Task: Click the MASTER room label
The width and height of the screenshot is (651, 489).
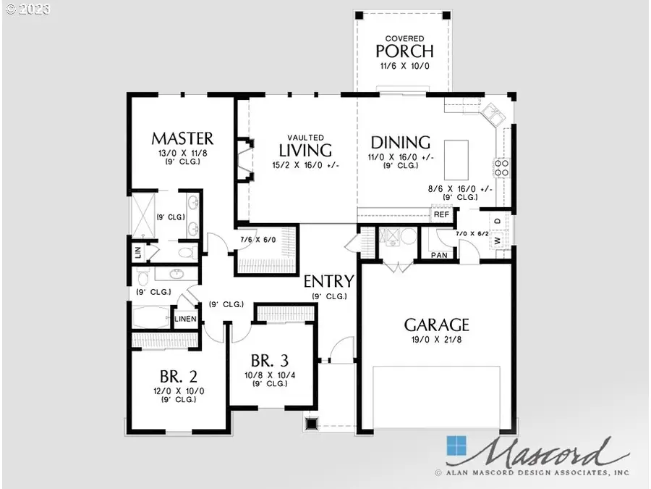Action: click(182, 138)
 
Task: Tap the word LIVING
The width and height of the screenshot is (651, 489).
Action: click(305, 151)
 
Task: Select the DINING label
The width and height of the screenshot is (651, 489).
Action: click(400, 143)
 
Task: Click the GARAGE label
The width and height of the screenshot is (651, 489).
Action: click(436, 325)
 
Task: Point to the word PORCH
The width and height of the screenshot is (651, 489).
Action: click(404, 51)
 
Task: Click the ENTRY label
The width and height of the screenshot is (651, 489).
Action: click(328, 282)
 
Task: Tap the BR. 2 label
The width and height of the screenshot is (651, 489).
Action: click(178, 377)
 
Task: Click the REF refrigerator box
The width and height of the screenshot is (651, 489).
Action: click(441, 214)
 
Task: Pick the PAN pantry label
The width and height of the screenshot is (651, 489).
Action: click(439, 254)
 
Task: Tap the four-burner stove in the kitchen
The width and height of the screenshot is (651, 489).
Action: click(501, 168)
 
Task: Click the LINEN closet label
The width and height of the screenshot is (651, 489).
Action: click(185, 319)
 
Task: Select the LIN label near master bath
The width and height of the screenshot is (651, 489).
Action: click(137, 253)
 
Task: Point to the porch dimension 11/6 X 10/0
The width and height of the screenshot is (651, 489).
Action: click(404, 66)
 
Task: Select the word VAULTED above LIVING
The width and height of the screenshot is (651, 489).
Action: click(305, 137)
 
